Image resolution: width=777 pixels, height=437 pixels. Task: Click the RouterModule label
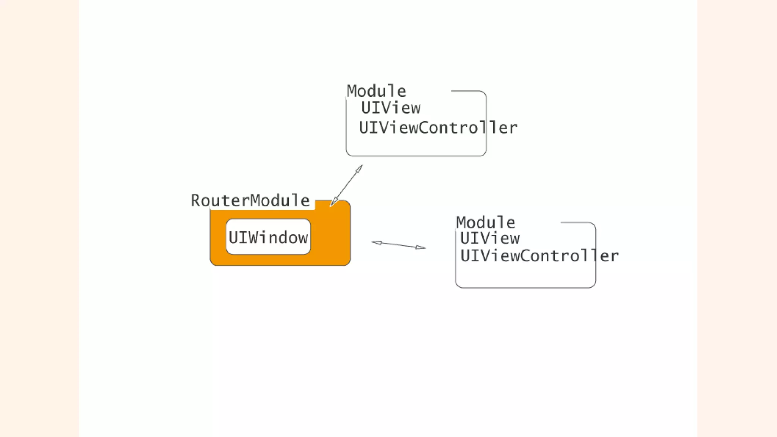pyautogui.click(x=250, y=200)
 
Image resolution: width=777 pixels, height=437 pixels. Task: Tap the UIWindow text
pyautogui.click(x=268, y=237)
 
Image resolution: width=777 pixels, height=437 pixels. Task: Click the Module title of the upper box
pyautogui.click(x=376, y=91)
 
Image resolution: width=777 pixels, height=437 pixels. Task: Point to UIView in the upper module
pyautogui.click(x=391, y=108)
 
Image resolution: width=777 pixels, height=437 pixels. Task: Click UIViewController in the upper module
pyautogui.click(x=438, y=128)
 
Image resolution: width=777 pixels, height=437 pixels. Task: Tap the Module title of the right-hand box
pyautogui.click(x=486, y=222)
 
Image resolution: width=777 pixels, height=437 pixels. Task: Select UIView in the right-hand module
pyautogui.click(x=490, y=239)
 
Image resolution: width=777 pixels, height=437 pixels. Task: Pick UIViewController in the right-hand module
pyautogui.click(x=539, y=256)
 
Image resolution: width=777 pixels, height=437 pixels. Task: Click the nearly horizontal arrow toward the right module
pyautogui.click(x=398, y=245)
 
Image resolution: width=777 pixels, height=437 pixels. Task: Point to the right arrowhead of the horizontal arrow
pyautogui.click(x=421, y=247)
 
